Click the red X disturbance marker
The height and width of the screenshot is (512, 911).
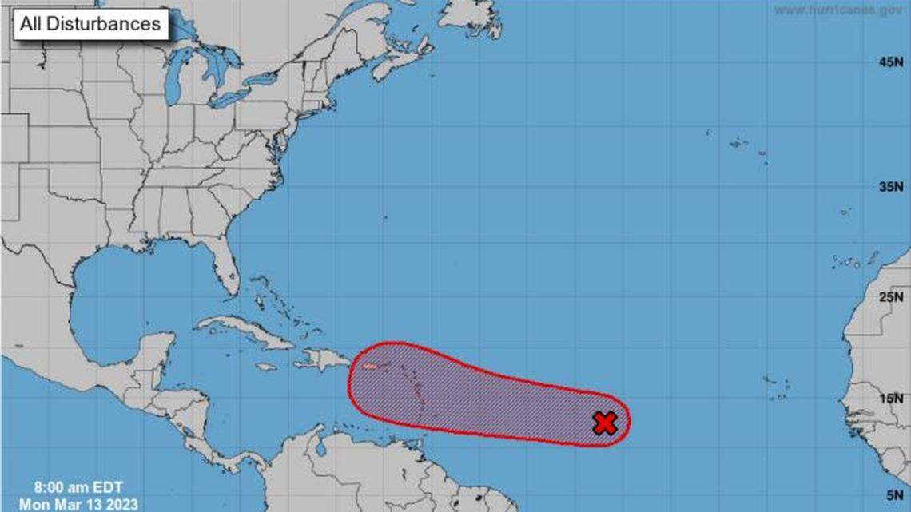[605, 423]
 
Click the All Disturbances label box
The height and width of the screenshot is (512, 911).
[90, 24]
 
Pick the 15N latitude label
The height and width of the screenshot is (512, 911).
[893, 399]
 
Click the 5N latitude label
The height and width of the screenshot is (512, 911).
[896, 495]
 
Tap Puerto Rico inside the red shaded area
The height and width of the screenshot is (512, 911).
[370, 367]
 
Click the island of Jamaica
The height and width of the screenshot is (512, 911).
[267, 367]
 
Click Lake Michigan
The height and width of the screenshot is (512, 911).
[171, 80]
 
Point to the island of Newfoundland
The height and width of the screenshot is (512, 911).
[471, 16]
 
